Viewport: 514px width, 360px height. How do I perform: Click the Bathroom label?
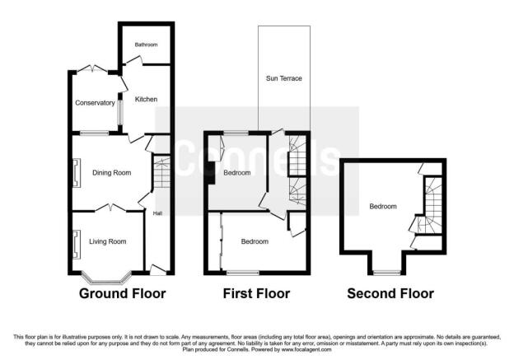[x=146, y=44]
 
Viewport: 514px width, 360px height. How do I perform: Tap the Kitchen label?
[x=146, y=99]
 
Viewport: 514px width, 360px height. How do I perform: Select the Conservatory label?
[x=95, y=103]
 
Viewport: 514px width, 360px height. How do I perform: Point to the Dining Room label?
[x=112, y=173]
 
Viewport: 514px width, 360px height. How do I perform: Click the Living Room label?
[x=108, y=241]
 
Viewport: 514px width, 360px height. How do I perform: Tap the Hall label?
[x=157, y=213]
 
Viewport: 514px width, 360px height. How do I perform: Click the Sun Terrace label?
[x=284, y=78]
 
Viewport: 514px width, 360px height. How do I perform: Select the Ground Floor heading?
[x=122, y=293]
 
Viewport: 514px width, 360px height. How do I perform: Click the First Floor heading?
[x=256, y=293]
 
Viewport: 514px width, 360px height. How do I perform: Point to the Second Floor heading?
[x=390, y=293]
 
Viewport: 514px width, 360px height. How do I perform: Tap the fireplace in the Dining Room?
[x=77, y=173]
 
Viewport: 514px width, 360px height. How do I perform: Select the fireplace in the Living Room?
[x=77, y=245]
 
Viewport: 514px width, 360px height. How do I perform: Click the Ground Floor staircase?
[x=162, y=172]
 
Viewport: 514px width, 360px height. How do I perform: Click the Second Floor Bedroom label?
[x=383, y=207]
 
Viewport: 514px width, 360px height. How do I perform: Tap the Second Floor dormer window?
[x=387, y=273]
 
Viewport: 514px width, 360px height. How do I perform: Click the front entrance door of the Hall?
[x=158, y=269]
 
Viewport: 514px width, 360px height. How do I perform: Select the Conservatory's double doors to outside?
[x=92, y=68]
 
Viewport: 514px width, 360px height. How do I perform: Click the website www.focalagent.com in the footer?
[x=306, y=349]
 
